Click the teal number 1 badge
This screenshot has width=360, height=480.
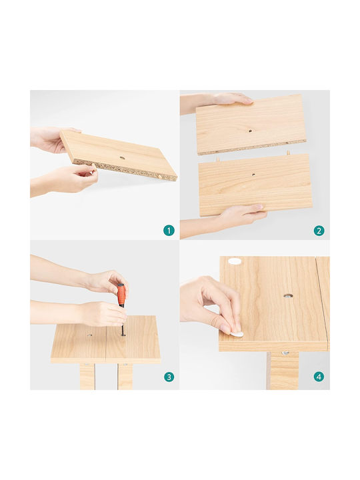169,230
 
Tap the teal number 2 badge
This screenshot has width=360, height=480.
319,230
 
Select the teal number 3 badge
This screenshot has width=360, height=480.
169,377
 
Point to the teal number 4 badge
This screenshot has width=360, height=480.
319,377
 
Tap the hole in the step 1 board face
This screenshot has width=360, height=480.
122,158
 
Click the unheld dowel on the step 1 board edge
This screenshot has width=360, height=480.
161,176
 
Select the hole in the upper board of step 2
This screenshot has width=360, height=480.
251,131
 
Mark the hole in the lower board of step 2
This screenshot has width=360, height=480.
253,175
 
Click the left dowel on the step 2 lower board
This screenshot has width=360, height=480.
217,159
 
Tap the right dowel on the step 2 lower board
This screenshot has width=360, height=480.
288,152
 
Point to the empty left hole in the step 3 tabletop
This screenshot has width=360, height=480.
89,335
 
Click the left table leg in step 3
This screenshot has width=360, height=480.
87,376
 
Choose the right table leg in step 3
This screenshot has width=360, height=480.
125,376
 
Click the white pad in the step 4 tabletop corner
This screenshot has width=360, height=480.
235,261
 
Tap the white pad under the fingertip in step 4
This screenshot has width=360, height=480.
237,334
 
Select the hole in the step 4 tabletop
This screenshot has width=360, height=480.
288,296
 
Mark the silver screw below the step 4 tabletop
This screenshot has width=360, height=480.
285,353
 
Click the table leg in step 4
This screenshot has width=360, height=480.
283,371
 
